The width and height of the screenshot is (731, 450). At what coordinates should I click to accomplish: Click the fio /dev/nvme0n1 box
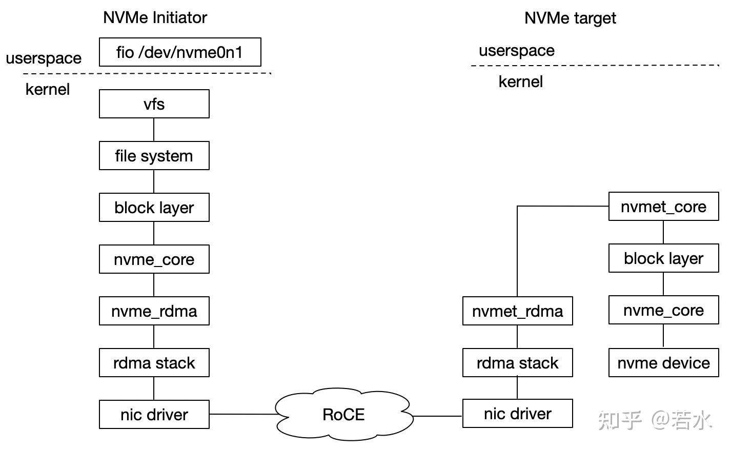pyautogui.click(x=180, y=52)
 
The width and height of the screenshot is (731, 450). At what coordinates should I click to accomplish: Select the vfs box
pyautogui.click(x=154, y=104)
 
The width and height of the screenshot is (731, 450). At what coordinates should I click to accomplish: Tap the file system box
pyautogui.click(x=154, y=156)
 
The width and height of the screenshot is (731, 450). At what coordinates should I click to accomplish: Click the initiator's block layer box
pyautogui.click(x=154, y=208)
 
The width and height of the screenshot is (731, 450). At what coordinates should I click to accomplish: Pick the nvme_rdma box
pyautogui.click(x=154, y=311)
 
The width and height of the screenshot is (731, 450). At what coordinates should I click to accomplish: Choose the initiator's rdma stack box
pyautogui.click(x=154, y=363)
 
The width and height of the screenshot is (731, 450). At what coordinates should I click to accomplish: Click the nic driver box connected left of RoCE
pyautogui.click(x=154, y=415)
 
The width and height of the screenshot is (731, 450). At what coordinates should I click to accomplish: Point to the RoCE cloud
pyautogui.click(x=343, y=415)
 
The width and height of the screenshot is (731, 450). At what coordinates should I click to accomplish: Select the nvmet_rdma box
pyautogui.click(x=517, y=311)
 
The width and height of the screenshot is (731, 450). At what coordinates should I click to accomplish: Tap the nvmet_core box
pyautogui.click(x=663, y=207)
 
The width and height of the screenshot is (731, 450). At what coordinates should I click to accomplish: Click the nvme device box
pyautogui.click(x=663, y=363)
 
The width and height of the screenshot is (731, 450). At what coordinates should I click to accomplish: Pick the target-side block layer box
pyautogui.click(x=663, y=258)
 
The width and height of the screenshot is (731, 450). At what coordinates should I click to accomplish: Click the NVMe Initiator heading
pyautogui.click(x=155, y=17)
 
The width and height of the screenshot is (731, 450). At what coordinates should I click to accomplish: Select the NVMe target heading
pyautogui.click(x=570, y=18)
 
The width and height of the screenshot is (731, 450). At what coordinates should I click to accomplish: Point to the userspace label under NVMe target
pyautogui.click(x=516, y=50)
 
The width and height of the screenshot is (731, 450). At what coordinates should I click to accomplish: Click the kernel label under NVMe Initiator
pyautogui.click(x=47, y=89)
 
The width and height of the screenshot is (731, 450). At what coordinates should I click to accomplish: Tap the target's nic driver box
pyautogui.click(x=517, y=414)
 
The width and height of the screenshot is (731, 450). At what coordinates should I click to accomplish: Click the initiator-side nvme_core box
pyautogui.click(x=154, y=259)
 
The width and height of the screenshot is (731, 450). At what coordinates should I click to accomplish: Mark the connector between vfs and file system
pyautogui.click(x=154, y=130)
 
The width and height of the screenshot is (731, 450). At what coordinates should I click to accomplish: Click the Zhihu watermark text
pyautogui.click(x=655, y=420)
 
